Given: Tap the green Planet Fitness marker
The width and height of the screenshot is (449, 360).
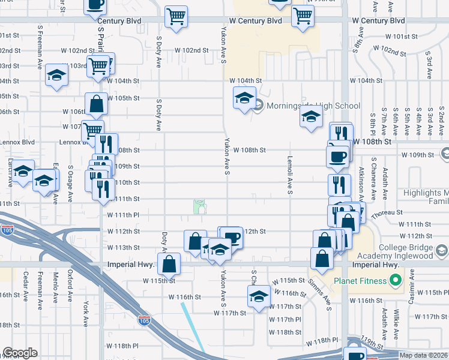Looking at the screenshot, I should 394,280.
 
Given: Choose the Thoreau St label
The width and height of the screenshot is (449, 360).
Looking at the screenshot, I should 387,212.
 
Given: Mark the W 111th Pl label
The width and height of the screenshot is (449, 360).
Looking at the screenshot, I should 123,215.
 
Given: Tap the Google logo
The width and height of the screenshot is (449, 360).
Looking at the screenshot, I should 20,353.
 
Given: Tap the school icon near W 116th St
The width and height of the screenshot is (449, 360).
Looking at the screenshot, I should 259,296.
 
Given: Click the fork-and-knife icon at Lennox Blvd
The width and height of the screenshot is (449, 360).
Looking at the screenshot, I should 106,144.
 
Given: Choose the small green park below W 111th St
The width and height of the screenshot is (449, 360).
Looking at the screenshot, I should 199,207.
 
